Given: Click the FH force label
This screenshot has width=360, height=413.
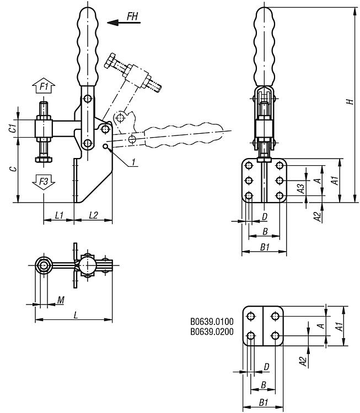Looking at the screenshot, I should (x=132, y=16).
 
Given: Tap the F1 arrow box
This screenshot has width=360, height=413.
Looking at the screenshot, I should (x=44, y=86).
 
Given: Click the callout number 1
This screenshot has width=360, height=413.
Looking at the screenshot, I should (x=134, y=162).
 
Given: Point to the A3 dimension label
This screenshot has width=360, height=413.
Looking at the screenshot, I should (x=300, y=188).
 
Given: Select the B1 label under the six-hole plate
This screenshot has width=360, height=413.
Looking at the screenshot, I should (x=264, y=248).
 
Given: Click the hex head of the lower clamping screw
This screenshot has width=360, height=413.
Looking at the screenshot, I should (x=44, y=160).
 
